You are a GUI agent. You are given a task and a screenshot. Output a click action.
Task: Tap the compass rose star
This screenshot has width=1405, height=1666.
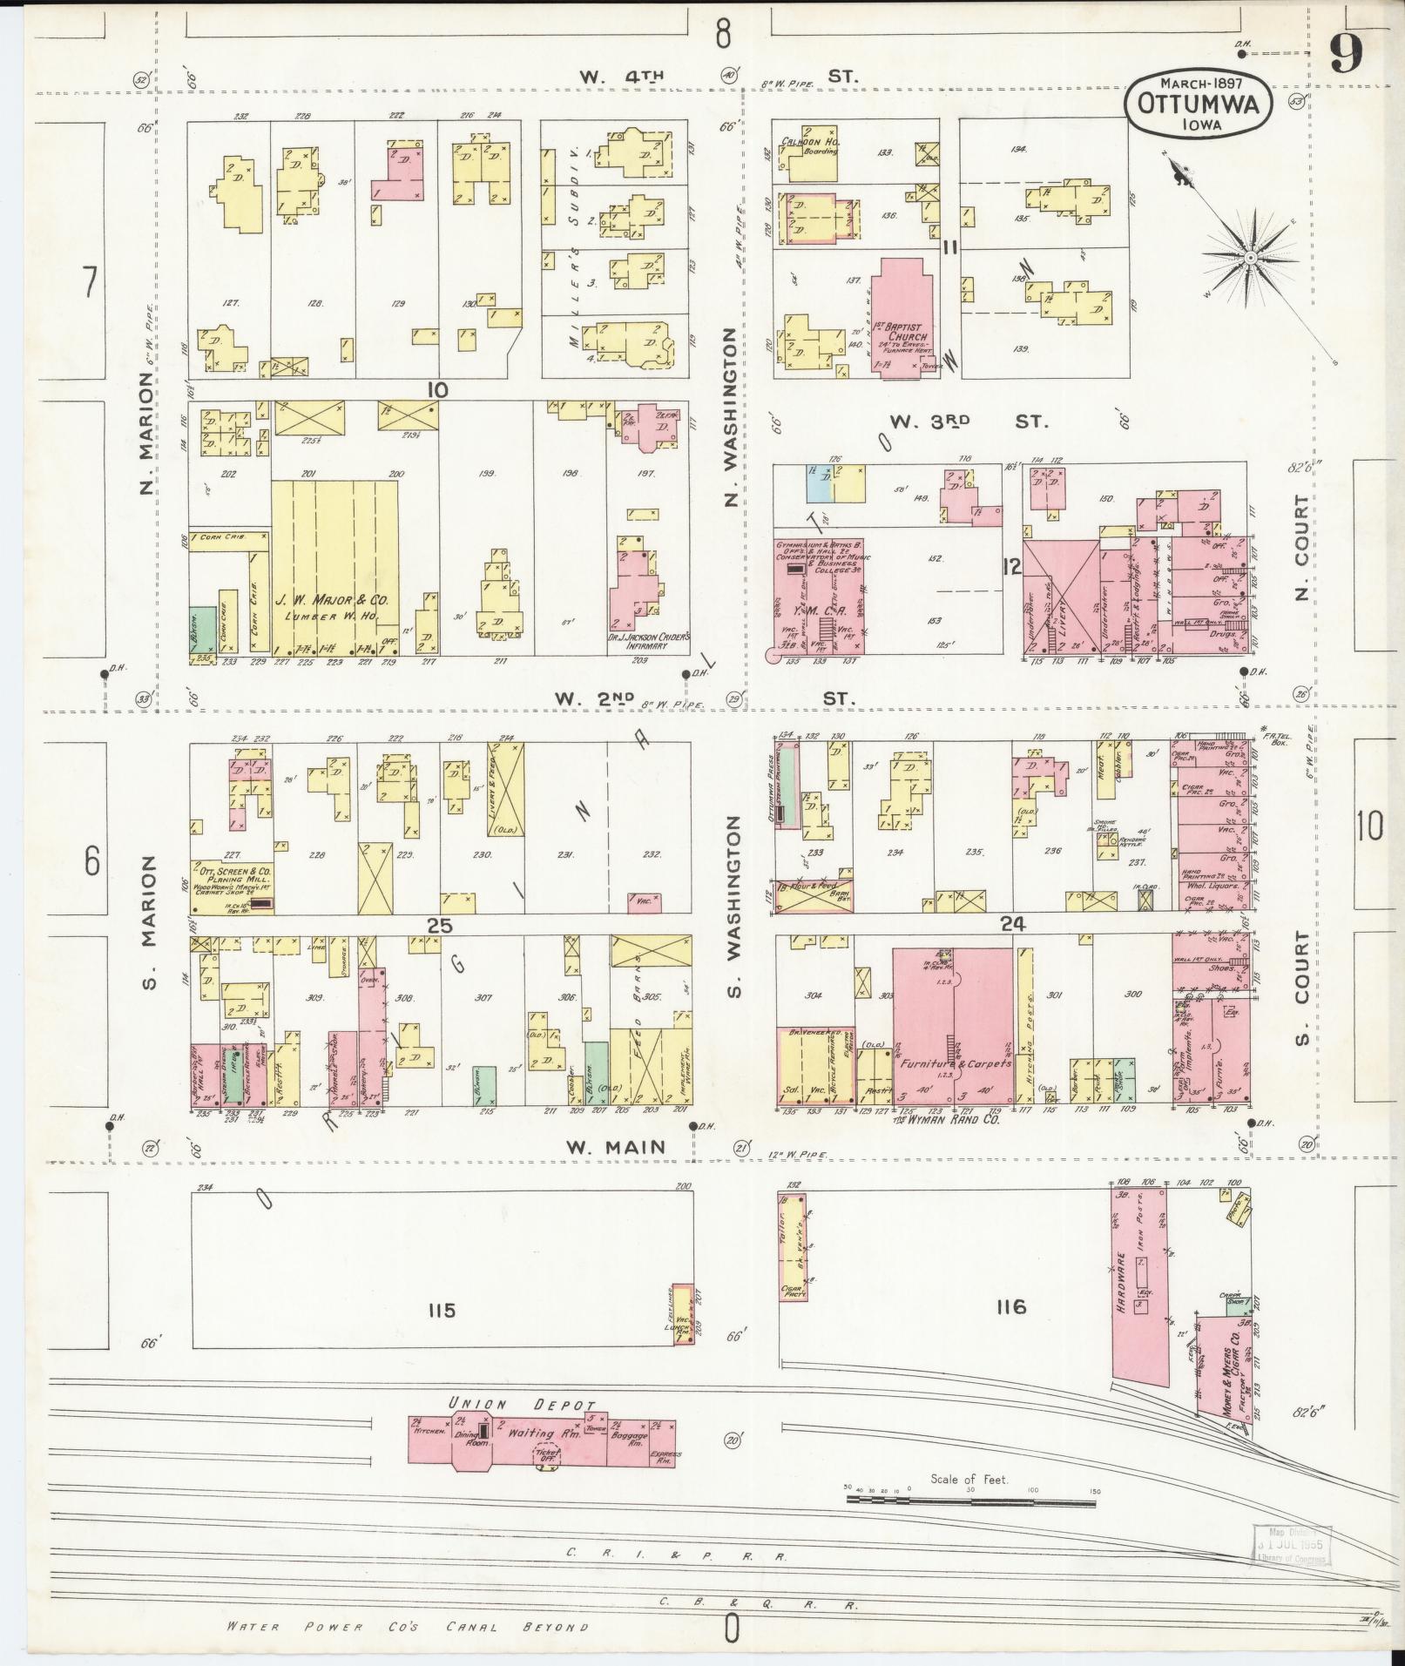[x=1250, y=258]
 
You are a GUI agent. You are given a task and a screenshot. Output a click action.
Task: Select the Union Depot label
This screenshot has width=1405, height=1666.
[x=522, y=1406]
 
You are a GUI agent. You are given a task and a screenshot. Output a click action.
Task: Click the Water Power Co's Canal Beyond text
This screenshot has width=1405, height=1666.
[x=407, y=1626]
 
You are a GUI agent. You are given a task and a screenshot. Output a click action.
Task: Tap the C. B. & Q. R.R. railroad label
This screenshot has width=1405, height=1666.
[x=757, y=1604]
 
